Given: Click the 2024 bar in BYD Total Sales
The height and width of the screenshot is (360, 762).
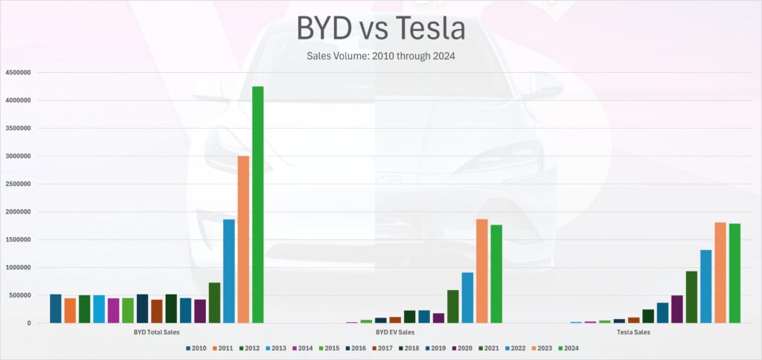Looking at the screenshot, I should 257,205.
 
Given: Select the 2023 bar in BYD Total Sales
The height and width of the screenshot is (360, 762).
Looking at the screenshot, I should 243,240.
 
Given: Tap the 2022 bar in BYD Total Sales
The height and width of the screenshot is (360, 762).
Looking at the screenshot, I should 228,271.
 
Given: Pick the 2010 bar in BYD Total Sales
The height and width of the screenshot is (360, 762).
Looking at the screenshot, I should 56,309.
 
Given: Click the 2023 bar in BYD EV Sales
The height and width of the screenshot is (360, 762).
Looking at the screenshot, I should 481,271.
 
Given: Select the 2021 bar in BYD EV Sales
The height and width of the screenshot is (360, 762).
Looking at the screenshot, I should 452,306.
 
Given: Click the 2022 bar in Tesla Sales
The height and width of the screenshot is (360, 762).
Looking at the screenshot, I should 705,286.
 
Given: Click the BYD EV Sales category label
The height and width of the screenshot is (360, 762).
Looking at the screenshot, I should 395,332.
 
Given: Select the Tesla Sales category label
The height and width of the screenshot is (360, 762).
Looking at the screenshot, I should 633,332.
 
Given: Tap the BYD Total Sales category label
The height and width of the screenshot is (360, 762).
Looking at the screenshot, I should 156,332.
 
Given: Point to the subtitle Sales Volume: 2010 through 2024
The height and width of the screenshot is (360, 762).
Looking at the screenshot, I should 380,57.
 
